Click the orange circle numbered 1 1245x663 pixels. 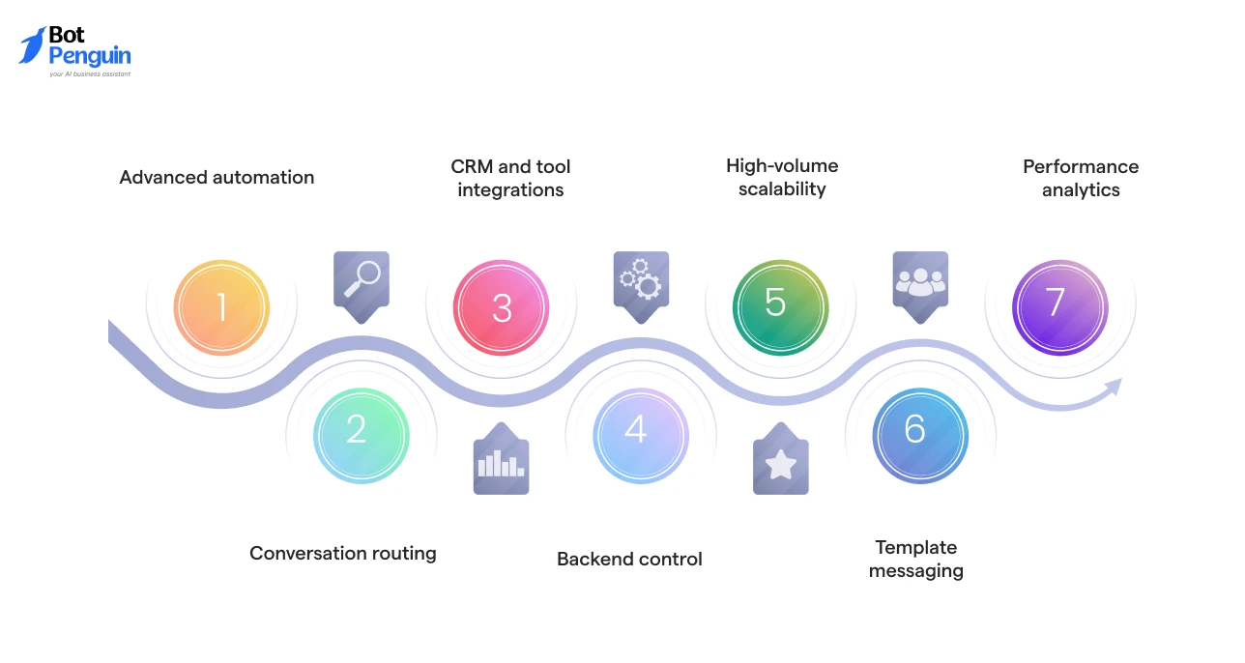221,307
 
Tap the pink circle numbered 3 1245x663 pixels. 501,307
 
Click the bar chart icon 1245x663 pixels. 501,463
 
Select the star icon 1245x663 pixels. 780,464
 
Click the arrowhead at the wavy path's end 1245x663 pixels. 1114,388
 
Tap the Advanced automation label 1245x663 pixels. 217,177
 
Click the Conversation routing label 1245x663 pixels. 343,553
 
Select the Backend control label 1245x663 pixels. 629,559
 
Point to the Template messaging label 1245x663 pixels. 915,559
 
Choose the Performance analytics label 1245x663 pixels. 1081,178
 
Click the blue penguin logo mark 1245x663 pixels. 32,46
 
